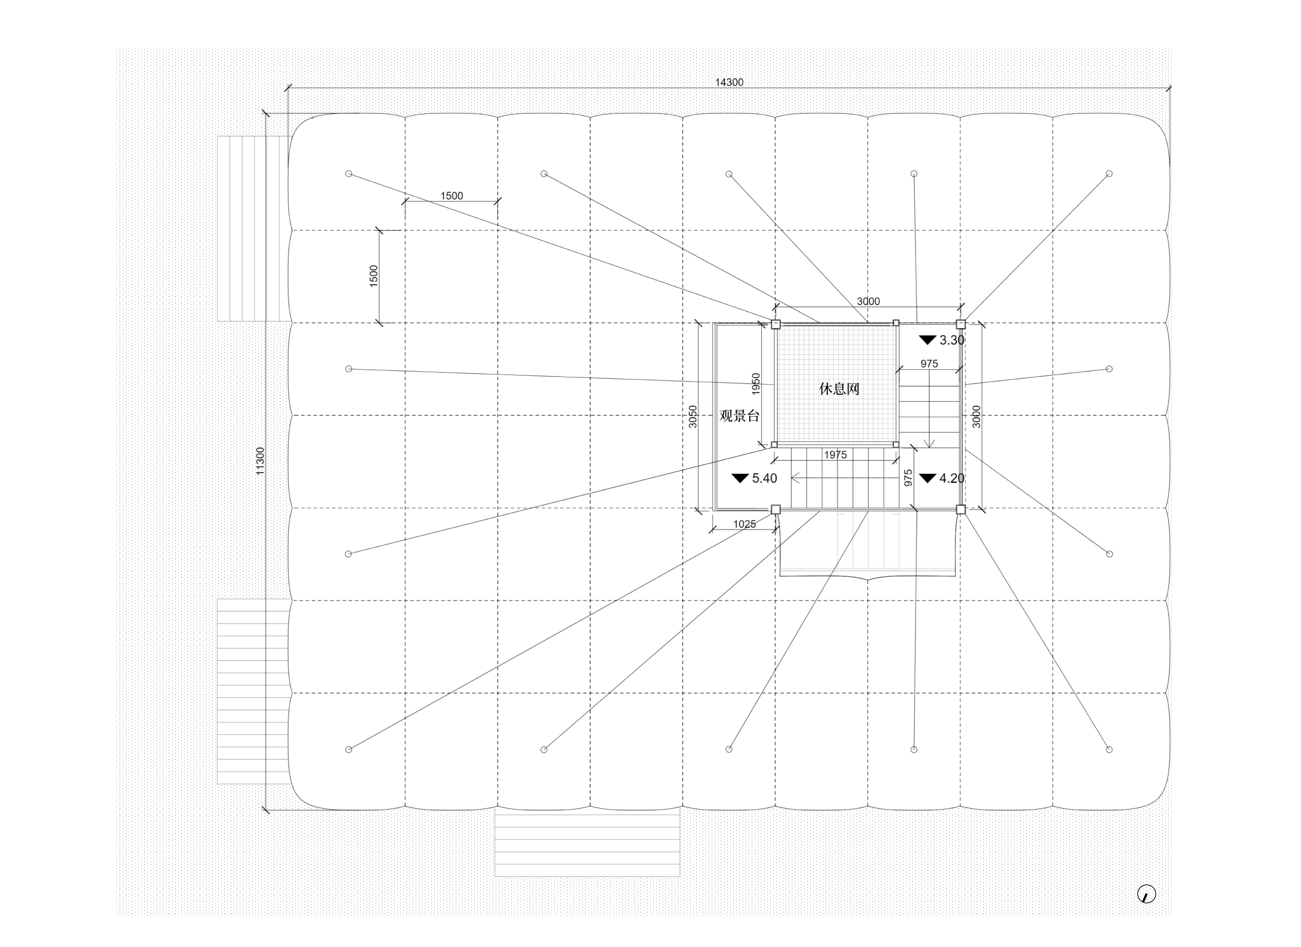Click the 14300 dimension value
[729, 82]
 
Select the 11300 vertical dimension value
[260, 461]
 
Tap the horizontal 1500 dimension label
[451, 196]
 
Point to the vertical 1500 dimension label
[373, 276]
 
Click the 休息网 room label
[839, 389]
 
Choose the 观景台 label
[740, 416]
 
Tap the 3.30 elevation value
[952, 340]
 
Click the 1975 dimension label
[835, 455]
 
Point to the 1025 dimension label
[744, 524]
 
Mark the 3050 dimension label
[692, 416]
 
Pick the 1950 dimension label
[756, 384]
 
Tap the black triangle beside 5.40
[740, 478]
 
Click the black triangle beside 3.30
[928, 340]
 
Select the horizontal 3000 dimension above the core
[868, 302]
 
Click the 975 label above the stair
[929, 364]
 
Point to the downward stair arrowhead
[930, 443]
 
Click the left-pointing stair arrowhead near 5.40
[795, 478]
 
